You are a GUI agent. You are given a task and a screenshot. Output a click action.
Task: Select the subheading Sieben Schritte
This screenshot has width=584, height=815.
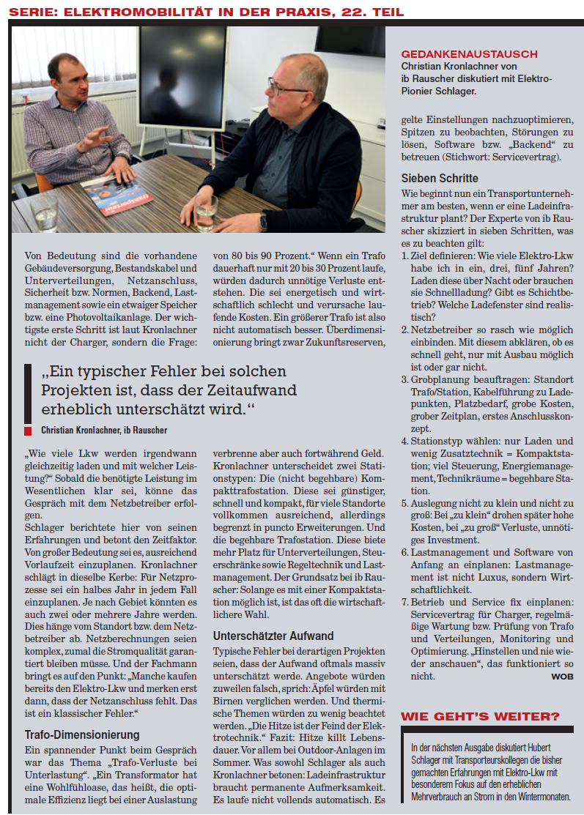click(440, 178)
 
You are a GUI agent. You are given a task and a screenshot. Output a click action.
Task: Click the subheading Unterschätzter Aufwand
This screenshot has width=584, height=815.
click(273, 636)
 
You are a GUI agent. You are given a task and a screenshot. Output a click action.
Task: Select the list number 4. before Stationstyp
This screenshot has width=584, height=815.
click(405, 442)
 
